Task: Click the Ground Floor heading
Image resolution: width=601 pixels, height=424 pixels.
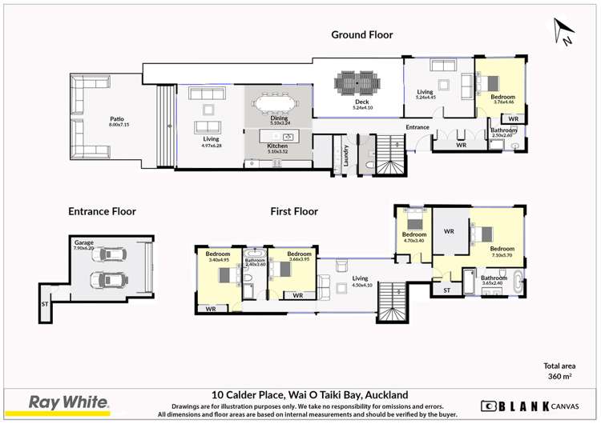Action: pos(362,34)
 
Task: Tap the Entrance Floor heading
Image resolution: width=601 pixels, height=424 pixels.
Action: pos(102,211)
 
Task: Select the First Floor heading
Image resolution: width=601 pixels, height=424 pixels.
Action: pos(293,211)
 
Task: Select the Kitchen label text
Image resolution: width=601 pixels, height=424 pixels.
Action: pos(277,146)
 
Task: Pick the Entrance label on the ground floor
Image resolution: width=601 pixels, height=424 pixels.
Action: pos(417,127)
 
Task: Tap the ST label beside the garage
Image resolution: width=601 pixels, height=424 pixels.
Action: pos(44,304)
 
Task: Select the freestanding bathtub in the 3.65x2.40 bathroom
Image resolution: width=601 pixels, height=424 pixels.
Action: pos(522,283)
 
